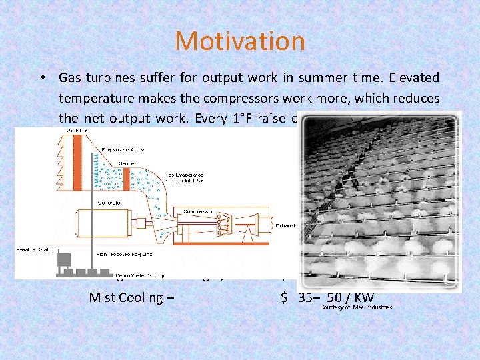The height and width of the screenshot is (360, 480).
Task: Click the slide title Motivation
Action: [240, 41]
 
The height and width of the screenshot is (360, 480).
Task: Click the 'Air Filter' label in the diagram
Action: [75, 132]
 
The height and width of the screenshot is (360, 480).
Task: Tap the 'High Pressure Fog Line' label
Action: [123, 256]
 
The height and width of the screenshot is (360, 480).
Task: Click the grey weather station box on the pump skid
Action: [65, 259]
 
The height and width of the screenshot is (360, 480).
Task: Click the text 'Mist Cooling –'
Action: [131, 297]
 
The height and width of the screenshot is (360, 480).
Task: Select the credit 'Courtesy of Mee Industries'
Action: [356, 307]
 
